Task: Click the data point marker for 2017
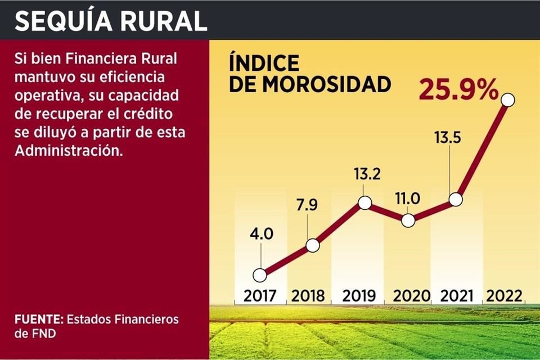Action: tap(259, 275)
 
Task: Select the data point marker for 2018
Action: tap(313, 245)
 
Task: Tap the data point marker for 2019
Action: tap(364, 203)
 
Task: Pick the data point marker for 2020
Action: tap(408, 220)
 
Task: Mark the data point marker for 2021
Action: tap(456, 199)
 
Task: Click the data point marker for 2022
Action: tap(508, 100)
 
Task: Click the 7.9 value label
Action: tap(307, 204)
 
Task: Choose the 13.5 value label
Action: tap(447, 138)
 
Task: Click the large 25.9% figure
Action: tap(458, 90)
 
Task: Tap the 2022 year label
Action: tap(505, 295)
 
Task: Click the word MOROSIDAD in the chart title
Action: tap(327, 84)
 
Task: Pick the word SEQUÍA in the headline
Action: tap(60, 21)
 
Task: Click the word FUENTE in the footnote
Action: tap(39, 319)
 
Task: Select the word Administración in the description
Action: tap(68, 151)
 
